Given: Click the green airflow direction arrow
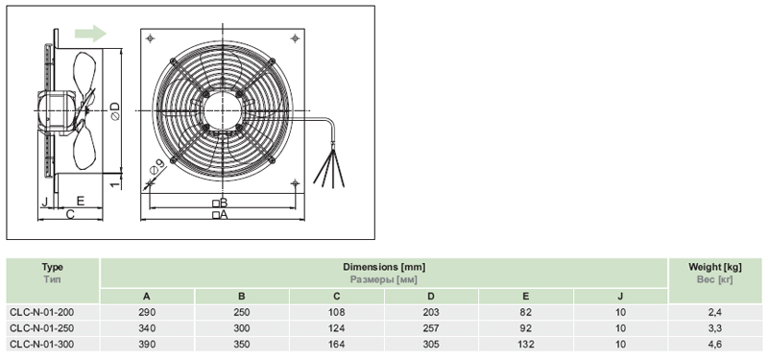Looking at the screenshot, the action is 90,34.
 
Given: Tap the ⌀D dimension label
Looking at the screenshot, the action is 114,111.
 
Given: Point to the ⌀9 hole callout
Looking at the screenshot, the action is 156,167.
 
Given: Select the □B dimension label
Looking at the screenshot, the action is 220,203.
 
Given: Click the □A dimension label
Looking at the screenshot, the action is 220,214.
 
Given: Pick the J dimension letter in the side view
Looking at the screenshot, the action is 44,201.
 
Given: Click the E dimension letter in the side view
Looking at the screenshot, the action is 81,201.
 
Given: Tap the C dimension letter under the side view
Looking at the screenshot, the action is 70,214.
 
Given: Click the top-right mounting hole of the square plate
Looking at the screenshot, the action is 295,37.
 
